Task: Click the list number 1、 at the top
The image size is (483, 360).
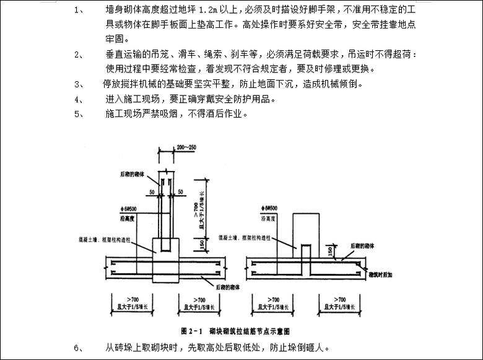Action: click(79, 11)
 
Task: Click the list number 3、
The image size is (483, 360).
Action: click(79, 84)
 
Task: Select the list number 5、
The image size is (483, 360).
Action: click(79, 114)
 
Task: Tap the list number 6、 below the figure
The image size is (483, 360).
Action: click(79, 348)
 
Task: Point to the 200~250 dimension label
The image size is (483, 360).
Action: click(185, 148)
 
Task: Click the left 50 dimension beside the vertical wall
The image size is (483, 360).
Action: click(152, 192)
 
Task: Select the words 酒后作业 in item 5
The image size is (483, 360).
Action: click(228, 114)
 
